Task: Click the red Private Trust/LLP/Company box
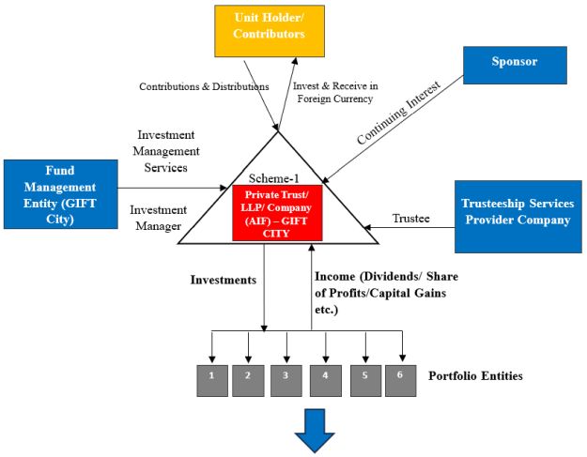pyautogui.click(x=277, y=212)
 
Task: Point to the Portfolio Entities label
pyautogui.click(x=475, y=376)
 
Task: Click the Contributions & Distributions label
pyautogui.click(x=204, y=86)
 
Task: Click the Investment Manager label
pyautogui.click(x=160, y=218)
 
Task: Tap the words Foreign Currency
pyautogui.click(x=333, y=99)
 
